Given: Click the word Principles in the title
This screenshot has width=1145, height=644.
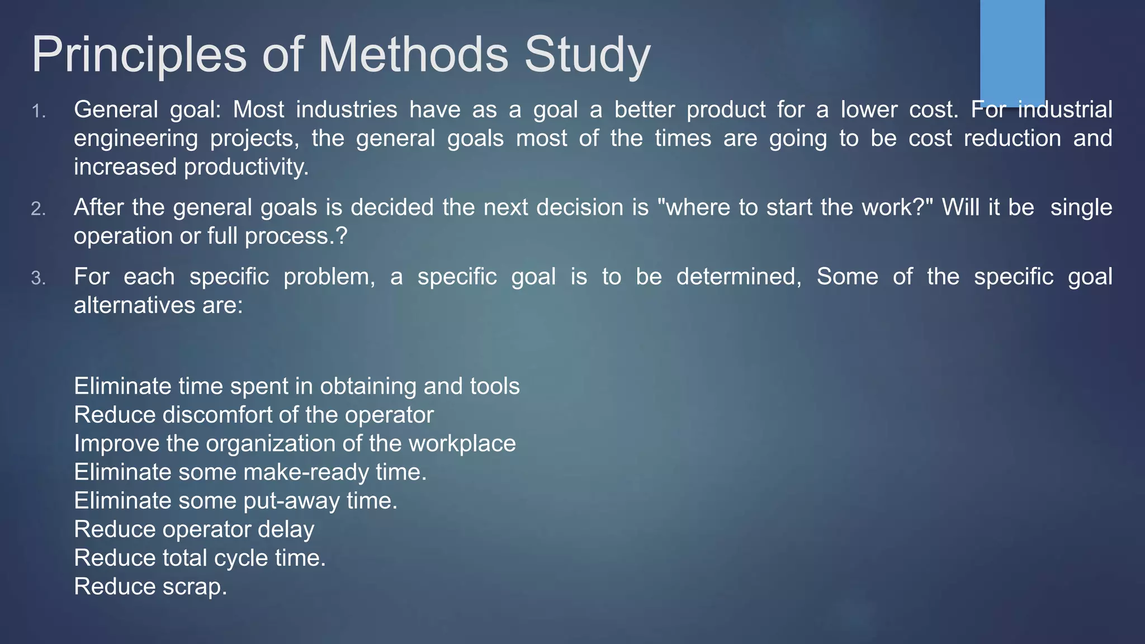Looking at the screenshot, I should (139, 55).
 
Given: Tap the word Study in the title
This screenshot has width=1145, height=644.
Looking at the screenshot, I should (587, 55).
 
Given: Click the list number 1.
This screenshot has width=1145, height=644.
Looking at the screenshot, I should (38, 112).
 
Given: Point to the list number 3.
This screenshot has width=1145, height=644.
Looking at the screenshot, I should (38, 278).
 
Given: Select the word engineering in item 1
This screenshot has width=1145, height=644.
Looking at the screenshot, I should (136, 139).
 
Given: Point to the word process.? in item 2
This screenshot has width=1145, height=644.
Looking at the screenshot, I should (296, 236).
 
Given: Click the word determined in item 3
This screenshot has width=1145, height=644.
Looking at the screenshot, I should (738, 277).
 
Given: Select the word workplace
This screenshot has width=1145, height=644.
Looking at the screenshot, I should (462, 443).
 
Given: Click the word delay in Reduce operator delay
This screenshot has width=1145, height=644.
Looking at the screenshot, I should (286, 529).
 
